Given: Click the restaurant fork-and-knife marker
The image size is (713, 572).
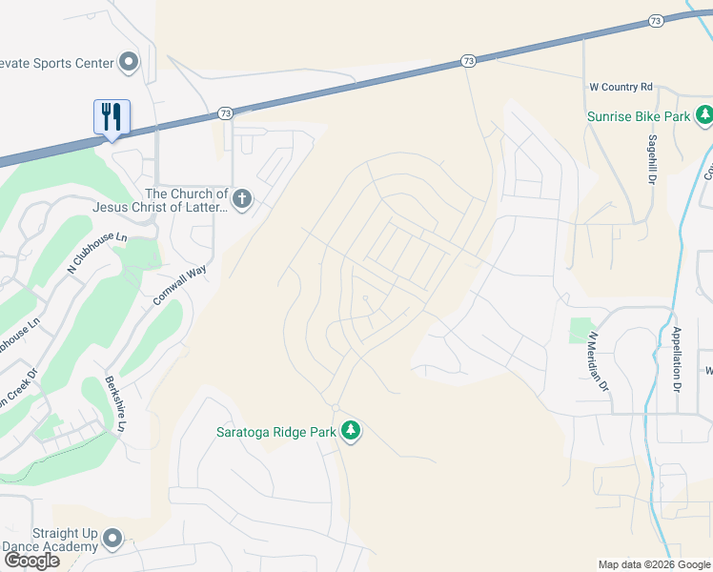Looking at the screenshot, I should coord(112,117).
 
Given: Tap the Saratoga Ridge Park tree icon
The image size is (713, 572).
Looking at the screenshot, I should coord(352,431).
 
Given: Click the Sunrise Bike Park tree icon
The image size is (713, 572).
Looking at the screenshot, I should coord(704,116).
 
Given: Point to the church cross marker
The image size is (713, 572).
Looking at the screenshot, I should coord(242,199).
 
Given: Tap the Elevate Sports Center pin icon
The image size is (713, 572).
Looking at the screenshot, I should coord(129,64).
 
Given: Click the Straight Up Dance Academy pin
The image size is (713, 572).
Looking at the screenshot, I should coord(112,540).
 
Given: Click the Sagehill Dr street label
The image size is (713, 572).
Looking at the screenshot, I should coord(654,159).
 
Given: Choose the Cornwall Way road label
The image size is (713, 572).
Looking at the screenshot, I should coord(179,285).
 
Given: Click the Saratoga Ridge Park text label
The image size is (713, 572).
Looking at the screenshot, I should coord(275,432).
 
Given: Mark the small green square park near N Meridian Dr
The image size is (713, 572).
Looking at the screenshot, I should coord(580,330).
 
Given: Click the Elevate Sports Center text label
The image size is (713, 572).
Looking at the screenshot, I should coord(56,64).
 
